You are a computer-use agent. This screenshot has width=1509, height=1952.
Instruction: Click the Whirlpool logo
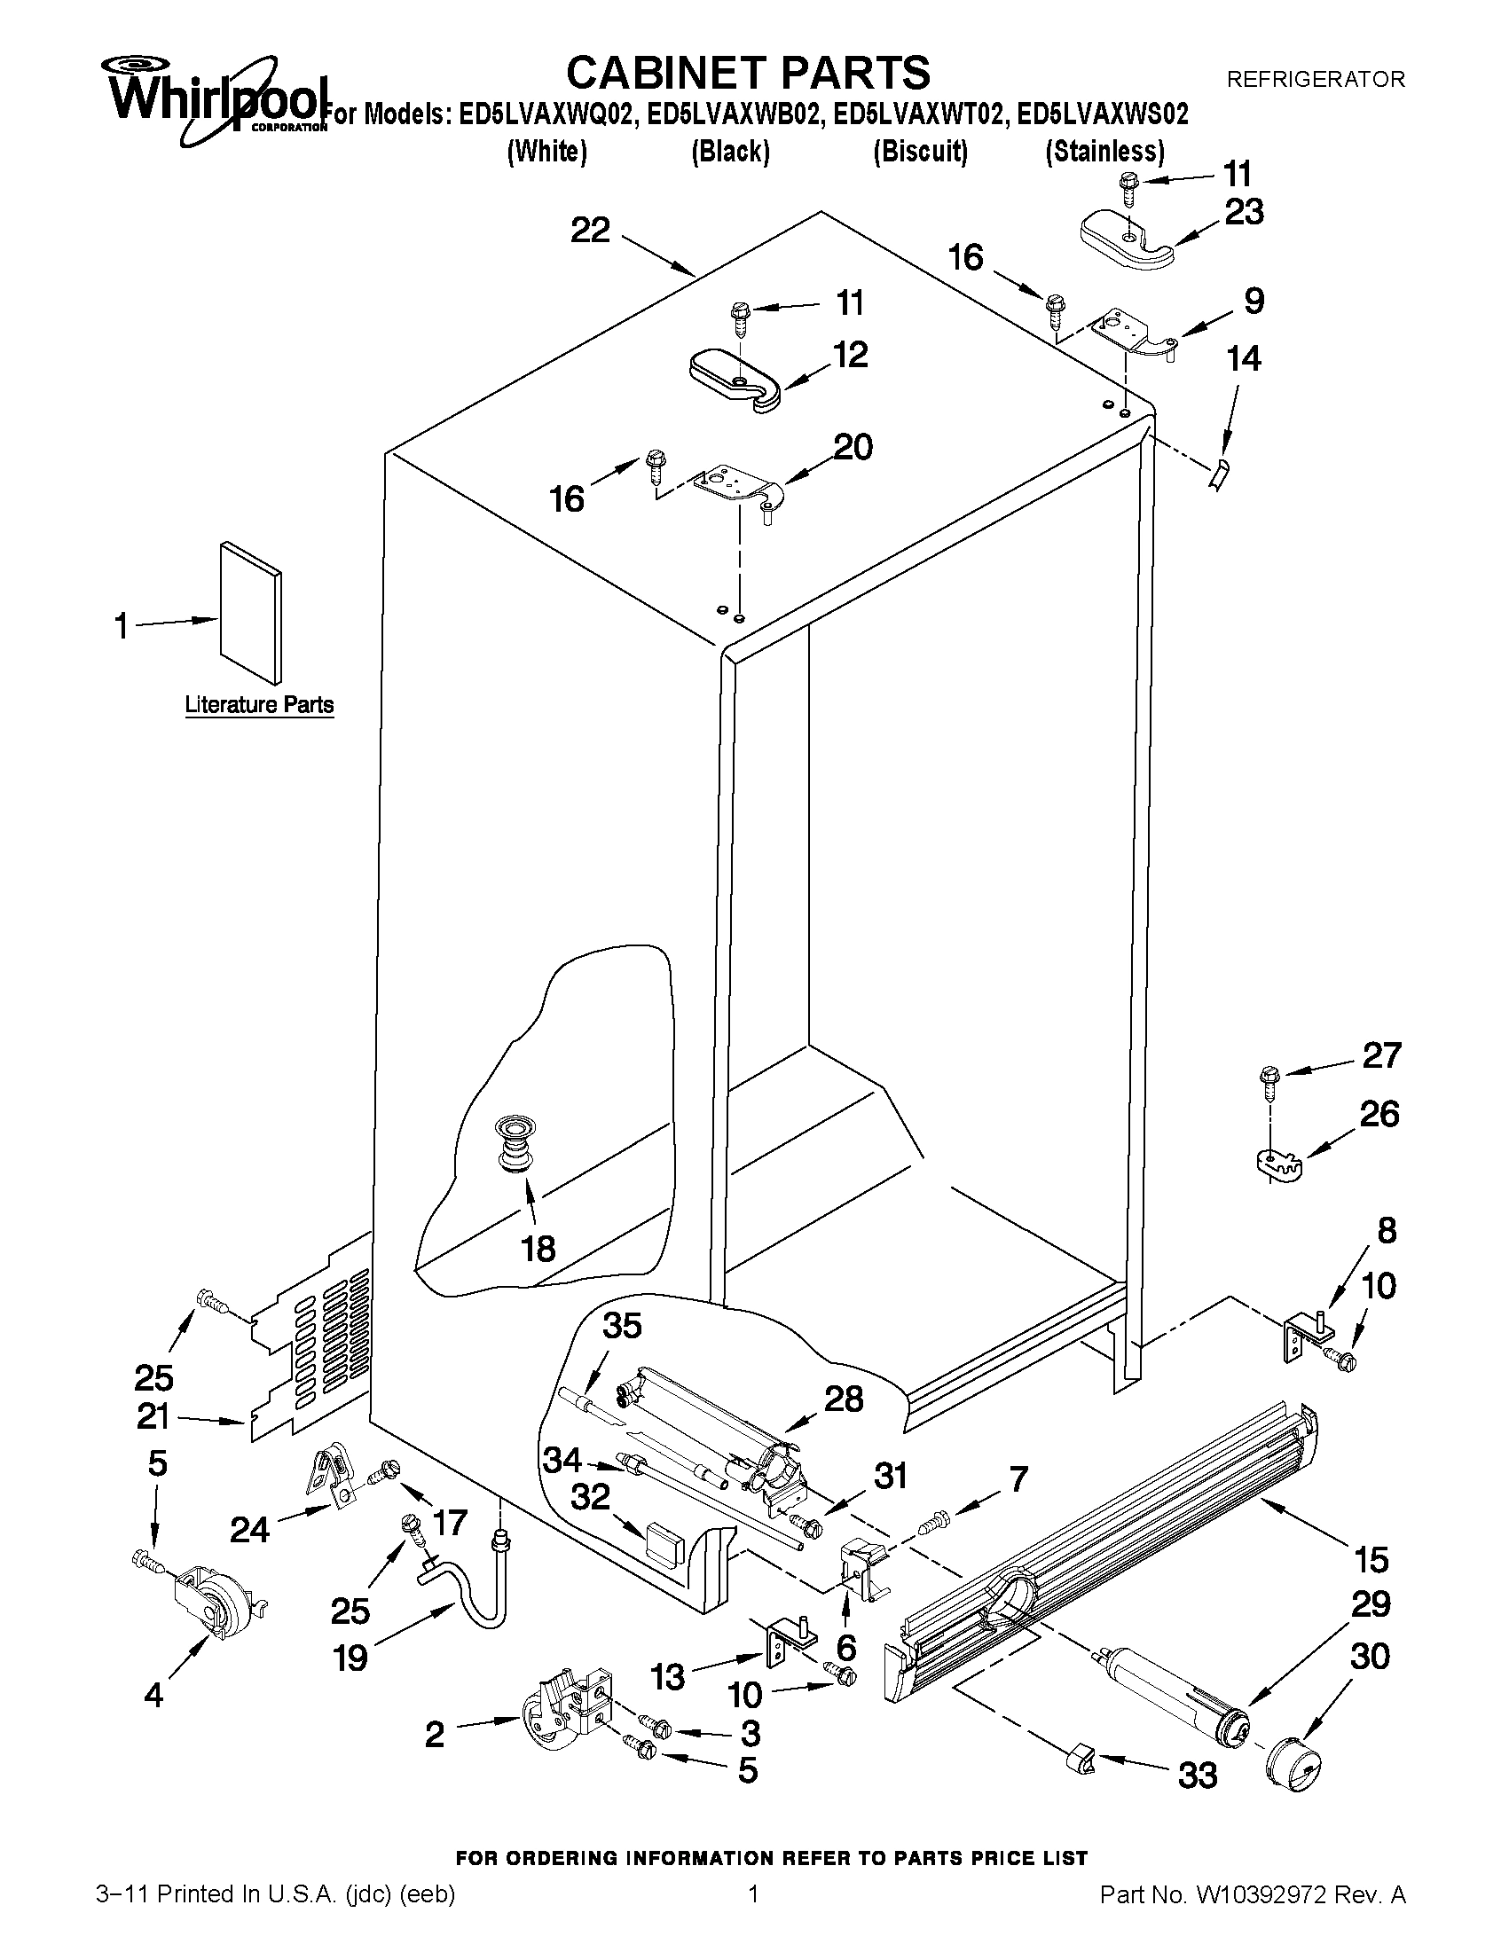tap(215, 98)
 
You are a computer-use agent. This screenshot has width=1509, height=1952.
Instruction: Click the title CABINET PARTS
tap(748, 72)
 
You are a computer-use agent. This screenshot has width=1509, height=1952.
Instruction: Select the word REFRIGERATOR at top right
tap(1315, 80)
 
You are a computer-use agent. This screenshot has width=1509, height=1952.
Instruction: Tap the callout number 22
tap(590, 231)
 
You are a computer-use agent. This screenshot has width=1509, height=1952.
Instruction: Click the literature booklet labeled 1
tap(251, 612)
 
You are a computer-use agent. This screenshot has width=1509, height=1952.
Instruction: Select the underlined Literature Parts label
tap(259, 705)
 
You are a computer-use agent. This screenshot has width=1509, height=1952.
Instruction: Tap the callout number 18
tap(538, 1249)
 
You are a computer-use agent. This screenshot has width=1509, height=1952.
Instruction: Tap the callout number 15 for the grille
tap(1371, 1560)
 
